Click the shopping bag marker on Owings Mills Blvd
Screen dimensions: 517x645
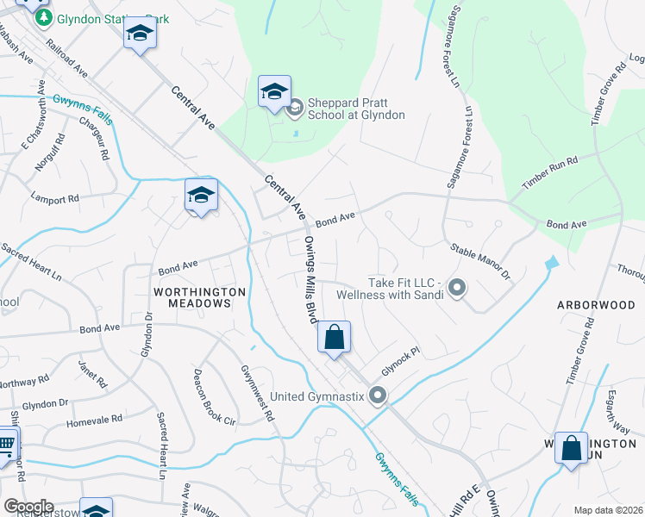pyautogui.click(x=335, y=338)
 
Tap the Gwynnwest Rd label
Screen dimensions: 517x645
pyautogui.click(x=257, y=393)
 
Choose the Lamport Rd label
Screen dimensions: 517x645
pyautogui.click(x=54, y=198)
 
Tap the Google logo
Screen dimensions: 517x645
pyautogui.click(x=28, y=507)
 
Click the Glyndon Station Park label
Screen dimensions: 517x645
pyautogui.click(x=101, y=18)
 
